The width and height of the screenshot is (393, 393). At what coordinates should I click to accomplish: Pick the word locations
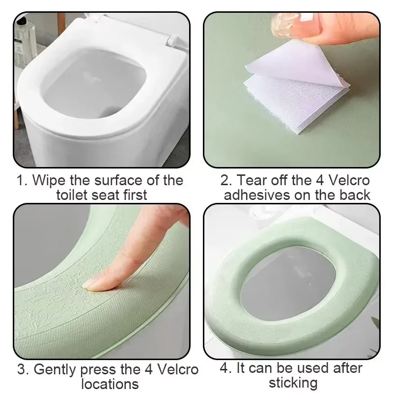coord(110,384)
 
